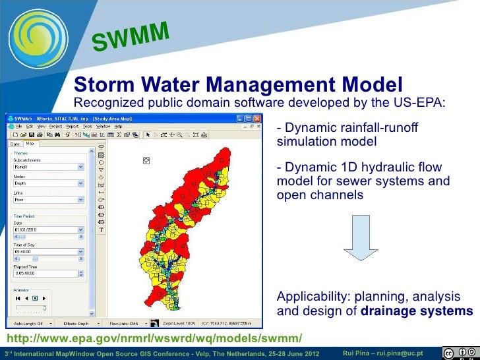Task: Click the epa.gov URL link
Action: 154,339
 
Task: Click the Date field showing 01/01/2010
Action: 46,229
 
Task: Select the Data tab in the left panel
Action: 15,143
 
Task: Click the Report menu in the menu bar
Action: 71,126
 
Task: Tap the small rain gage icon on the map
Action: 146,160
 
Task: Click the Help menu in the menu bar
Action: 118,126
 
